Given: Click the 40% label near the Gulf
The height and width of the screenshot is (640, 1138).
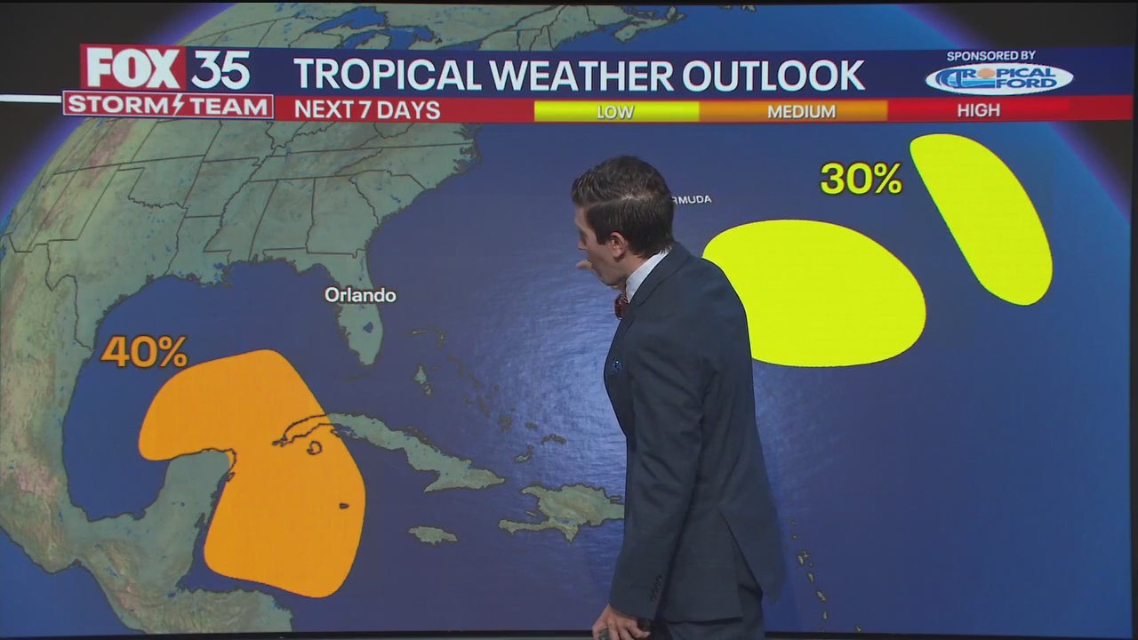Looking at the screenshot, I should coord(144,352).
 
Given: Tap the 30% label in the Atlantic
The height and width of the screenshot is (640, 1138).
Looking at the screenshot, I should coord(861,179).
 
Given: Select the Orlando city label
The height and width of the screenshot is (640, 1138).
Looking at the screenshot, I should coord(360,295).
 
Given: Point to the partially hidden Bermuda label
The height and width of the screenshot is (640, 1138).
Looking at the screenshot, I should coord(693,199).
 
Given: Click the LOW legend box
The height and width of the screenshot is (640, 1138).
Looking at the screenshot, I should coord(615,111).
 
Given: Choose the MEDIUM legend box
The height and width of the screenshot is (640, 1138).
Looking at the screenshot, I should coord(801,111).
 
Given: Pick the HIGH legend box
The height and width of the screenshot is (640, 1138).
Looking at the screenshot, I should coord(979,110).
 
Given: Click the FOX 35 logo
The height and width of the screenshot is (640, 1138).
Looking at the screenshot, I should coord(168,68).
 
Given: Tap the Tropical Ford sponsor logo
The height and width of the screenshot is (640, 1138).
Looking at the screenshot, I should coord(998,79).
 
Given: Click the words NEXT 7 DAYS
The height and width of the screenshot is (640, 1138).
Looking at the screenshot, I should coord(367,110).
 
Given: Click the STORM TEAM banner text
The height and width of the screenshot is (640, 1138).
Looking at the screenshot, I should coord(168,106).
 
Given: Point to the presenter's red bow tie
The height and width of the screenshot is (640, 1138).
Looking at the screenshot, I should coord(621,305).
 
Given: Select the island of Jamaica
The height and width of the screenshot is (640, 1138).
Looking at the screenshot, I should coord(432,534).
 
